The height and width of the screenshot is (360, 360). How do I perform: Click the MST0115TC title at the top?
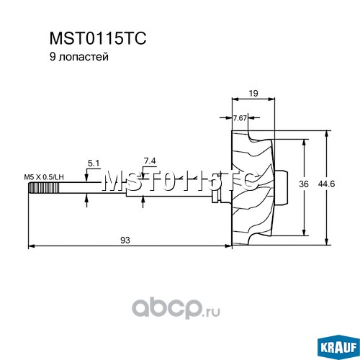(x=98, y=38)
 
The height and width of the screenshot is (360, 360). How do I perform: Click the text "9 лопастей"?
(x=79, y=57)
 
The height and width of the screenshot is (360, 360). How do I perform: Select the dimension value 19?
(x=253, y=93)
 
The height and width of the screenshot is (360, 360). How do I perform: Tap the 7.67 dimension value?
(x=240, y=118)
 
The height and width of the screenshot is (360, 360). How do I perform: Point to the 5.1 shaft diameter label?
(x=94, y=163)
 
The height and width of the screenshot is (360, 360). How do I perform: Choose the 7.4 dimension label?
(x=150, y=161)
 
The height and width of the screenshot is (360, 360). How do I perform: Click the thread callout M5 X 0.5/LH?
(x=44, y=177)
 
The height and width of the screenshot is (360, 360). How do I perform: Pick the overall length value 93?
(x=125, y=240)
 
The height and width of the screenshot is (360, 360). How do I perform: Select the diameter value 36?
(x=304, y=184)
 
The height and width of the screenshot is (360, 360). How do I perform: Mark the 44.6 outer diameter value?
(x=326, y=184)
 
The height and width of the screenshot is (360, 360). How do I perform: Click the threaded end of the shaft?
(x=44, y=188)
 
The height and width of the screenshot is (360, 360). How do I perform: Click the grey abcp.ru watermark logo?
(x=176, y=308)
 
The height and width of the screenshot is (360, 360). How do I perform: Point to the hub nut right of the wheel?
(x=281, y=188)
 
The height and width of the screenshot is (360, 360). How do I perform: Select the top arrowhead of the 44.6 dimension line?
(x=326, y=134)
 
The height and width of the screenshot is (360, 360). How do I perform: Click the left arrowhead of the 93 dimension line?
(x=32, y=246)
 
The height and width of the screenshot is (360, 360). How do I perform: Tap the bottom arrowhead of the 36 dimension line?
(x=304, y=233)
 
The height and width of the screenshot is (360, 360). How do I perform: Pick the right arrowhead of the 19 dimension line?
(x=271, y=99)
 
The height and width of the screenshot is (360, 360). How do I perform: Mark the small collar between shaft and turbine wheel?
(x=215, y=199)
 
